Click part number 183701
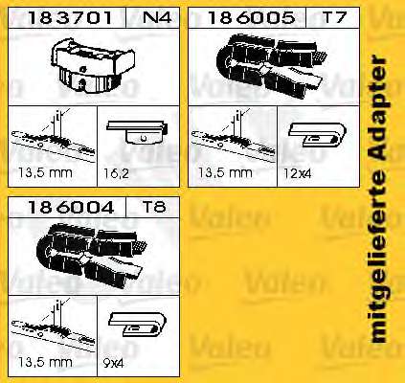pos(70,17)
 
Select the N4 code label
pos(156,17)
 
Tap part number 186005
pos(251,17)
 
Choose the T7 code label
pos(334,17)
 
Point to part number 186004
pos(71,207)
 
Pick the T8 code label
pos(154,207)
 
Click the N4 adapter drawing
pos(93,66)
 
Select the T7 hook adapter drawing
pos(272,66)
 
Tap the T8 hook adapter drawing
pos(92,256)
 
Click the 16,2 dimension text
pos(116,173)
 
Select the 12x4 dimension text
pos(297,173)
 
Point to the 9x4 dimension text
pos(113,363)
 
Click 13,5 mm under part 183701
pos(45,173)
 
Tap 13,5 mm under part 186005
pos(225,173)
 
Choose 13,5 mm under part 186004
pos(45,362)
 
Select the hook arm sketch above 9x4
pos(137,324)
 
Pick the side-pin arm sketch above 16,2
pos(138,131)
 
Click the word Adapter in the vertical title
pos(380,109)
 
